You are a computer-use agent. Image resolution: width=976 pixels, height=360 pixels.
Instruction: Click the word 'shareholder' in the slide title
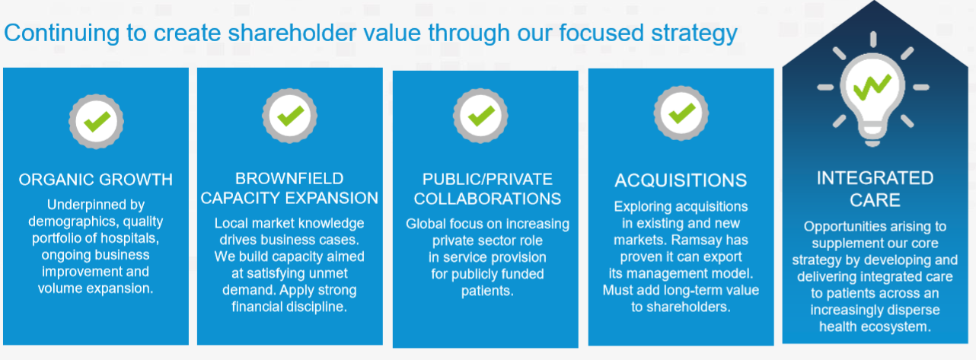[292, 33]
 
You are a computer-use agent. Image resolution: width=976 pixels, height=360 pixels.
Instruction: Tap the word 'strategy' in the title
[694, 34]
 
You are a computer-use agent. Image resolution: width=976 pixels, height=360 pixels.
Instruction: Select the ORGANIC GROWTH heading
[95, 180]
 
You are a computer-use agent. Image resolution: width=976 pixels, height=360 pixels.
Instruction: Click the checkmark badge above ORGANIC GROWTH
[96, 121]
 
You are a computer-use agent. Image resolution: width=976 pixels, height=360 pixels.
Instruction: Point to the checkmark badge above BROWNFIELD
[290, 116]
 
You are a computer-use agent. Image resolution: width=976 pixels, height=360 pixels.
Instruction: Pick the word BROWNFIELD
[289, 179]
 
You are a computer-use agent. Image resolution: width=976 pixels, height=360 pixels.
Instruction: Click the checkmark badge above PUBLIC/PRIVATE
[480, 116]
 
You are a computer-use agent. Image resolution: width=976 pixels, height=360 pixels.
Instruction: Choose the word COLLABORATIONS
[487, 199]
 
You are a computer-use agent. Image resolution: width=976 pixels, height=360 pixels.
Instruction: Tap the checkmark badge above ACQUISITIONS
[681, 113]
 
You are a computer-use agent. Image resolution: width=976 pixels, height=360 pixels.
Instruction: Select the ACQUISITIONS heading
[681, 180]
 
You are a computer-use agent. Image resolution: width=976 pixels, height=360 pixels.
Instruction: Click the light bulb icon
[872, 89]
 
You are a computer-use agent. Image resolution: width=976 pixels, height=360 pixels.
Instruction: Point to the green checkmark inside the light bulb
[872, 88]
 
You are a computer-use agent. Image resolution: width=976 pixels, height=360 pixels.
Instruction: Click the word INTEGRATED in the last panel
[875, 178]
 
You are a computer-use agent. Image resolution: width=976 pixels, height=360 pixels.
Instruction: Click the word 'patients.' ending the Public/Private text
[487, 291]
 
